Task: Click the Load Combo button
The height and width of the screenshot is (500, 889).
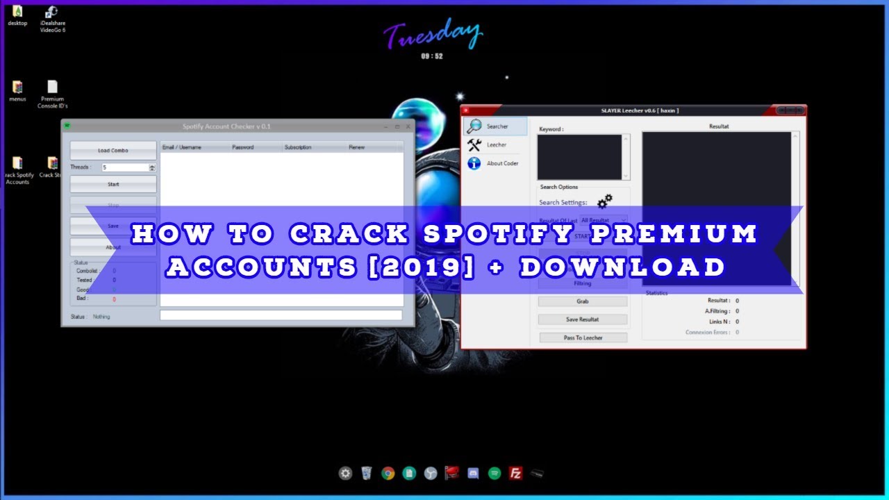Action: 113,151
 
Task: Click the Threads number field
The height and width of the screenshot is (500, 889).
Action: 125,167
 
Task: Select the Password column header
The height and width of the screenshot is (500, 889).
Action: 243,147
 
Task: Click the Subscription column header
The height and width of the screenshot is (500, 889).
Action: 298,147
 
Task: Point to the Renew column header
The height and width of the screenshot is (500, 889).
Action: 356,147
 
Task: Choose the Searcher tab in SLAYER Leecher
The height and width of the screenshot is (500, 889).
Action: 496,126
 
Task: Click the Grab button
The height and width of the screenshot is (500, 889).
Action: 582,301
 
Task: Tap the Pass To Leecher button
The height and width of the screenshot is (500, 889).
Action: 583,337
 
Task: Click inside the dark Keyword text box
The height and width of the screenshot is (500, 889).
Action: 579,157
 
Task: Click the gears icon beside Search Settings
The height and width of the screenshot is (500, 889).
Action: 605,201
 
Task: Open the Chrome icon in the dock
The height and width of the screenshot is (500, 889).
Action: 388,474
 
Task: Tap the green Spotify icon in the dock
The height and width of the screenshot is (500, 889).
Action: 495,474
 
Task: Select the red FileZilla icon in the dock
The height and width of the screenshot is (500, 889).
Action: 515,474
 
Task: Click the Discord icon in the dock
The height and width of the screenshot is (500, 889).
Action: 473,474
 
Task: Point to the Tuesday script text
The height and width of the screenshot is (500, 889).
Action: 432,35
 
